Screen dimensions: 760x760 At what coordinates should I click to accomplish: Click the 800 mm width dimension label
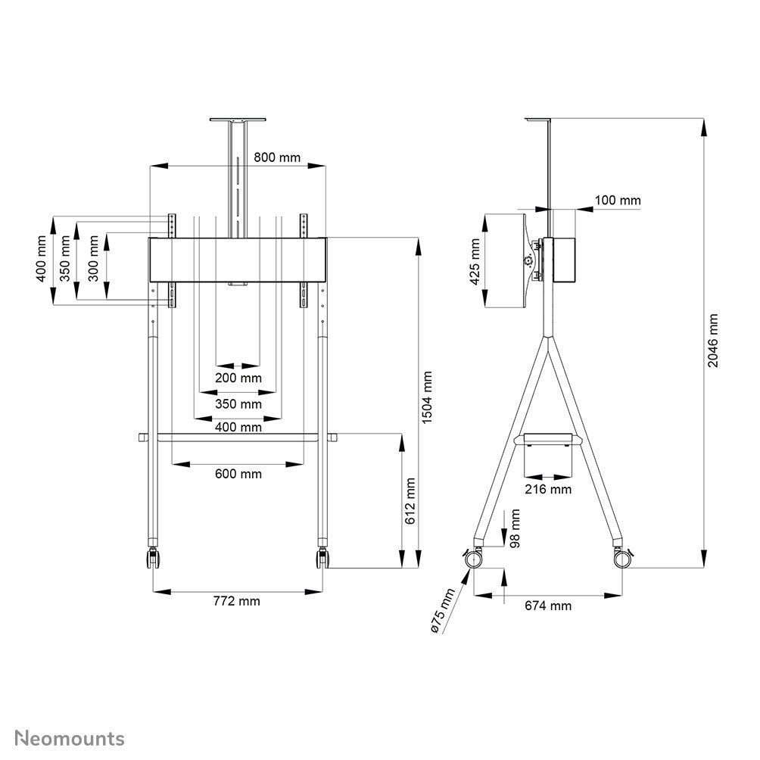click(x=276, y=157)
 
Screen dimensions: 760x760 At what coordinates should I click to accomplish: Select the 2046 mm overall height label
click(x=713, y=341)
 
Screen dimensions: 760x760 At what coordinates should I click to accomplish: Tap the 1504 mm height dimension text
click(x=428, y=397)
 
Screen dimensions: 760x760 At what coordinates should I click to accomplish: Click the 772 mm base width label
click(x=238, y=601)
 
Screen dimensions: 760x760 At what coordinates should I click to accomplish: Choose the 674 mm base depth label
click(x=548, y=606)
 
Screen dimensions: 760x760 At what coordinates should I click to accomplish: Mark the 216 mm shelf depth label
click(x=548, y=489)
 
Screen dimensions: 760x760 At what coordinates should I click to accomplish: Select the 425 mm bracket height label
click(x=475, y=261)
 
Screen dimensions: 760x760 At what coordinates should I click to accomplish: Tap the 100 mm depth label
click(x=617, y=201)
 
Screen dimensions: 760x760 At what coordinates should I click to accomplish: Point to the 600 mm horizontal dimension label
click(x=238, y=474)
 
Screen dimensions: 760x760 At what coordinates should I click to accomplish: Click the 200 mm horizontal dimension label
click(x=238, y=377)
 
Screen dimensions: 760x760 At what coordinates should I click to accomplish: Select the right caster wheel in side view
click(x=622, y=559)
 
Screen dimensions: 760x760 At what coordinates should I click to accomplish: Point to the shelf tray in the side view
click(x=548, y=439)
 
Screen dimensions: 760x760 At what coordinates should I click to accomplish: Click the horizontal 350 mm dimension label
click(x=238, y=403)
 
